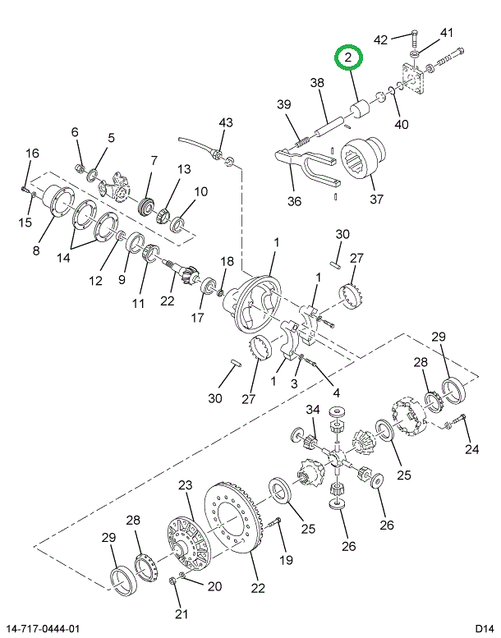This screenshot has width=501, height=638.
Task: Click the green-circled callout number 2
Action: click(347, 57)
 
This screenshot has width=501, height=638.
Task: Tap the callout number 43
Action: click(226, 122)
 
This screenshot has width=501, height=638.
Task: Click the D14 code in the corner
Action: click(485, 628)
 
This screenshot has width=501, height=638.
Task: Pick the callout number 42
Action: click(380, 39)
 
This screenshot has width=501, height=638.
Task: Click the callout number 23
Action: click(185, 485)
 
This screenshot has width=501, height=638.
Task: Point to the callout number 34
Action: click(313, 410)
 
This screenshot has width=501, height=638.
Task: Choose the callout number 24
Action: click(472, 449)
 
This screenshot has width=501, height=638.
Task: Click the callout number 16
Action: click(32, 154)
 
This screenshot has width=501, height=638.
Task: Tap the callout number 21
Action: click(182, 613)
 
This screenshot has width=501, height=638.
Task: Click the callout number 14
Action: click(63, 258)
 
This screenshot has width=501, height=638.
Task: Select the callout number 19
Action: click(286, 560)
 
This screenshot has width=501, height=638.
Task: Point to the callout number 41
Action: click(447, 33)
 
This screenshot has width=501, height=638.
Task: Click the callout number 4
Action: click(336, 392)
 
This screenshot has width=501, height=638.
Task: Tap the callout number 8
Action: click(36, 250)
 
